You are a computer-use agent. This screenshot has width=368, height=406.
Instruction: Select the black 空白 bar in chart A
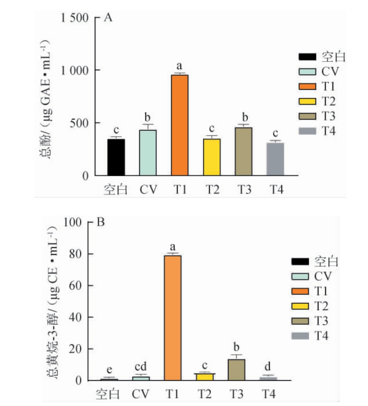point(116,157)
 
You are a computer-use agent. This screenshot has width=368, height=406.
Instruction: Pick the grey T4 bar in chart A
point(275,159)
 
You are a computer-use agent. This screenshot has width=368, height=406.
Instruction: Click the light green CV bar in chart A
point(148,153)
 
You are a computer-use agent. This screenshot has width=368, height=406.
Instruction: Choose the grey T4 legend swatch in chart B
point(300,336)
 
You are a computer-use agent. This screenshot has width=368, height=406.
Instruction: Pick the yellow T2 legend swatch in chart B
point(300,306)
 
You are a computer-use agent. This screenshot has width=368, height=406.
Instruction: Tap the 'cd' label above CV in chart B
point(141,367)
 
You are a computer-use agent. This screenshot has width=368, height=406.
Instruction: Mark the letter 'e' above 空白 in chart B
point(109,370)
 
